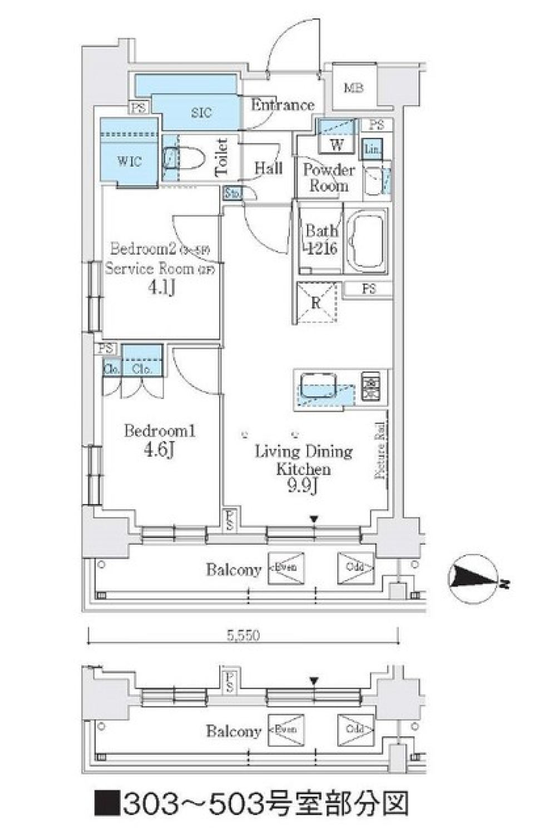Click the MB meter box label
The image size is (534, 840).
point(354,88)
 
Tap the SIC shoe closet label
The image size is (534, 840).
point(201,112)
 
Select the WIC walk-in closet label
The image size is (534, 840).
point(129,161)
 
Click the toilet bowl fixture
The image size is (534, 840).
point(184,158)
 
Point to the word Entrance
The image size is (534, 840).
point(282,105)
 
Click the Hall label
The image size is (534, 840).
point(269,168)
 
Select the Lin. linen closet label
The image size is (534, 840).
point(373,149)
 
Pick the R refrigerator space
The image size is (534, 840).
point(316,303)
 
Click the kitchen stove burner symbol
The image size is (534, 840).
point(370,386)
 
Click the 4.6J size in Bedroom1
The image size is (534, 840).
point(159,449)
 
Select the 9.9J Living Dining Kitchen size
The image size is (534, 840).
point(303,486)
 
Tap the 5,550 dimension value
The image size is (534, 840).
point(243,635)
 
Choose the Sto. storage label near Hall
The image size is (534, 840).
point(233,194)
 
